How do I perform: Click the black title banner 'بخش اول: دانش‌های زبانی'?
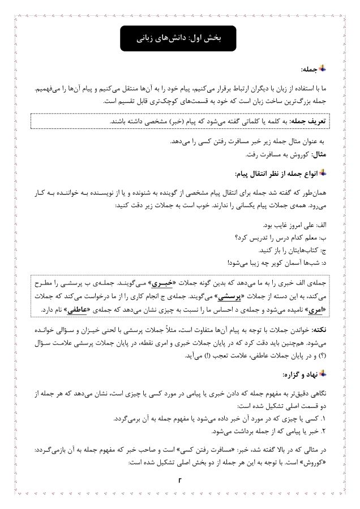[180, 38]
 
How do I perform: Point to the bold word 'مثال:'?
[322, 154]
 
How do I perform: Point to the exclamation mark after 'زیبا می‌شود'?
[229, 262]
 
